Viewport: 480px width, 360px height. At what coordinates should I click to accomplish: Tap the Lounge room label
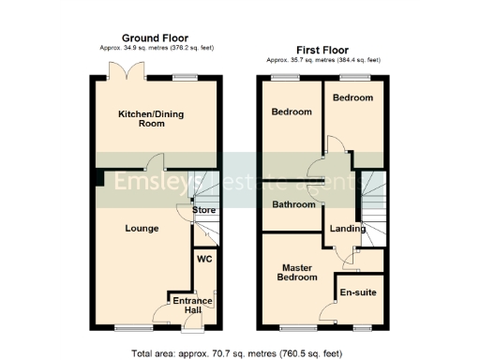point(142,228)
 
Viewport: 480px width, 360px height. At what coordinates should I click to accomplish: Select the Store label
point(204,210)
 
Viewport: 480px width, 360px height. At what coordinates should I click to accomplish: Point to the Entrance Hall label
point(192,307)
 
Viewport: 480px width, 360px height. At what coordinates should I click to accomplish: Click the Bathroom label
point(293,204)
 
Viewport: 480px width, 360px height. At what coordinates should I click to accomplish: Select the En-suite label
point(358,292)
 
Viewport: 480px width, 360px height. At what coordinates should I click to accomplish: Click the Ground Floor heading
point(155,38)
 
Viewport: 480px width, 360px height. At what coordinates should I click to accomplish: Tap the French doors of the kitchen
point(125,71)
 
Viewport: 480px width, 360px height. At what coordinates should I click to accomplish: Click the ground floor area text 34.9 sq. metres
point(154,48)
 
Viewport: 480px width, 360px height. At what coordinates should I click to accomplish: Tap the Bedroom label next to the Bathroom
point(292,112)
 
